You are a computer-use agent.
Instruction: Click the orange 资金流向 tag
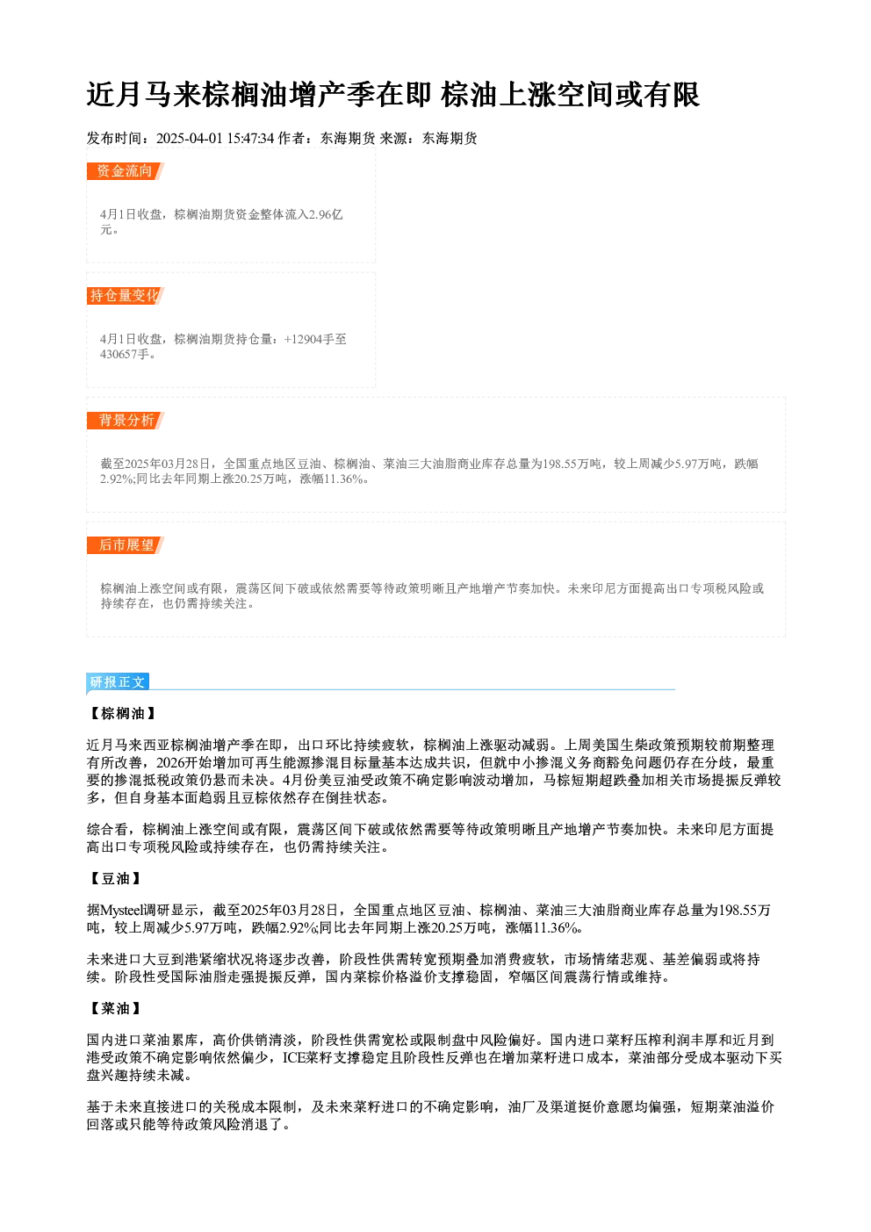point(126,171)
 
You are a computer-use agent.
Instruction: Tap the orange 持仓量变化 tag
point(126,296)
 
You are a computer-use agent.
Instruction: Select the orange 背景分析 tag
point(126,421)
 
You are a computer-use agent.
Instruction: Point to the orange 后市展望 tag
point(126,545)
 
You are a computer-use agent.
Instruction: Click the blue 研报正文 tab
point(118,682)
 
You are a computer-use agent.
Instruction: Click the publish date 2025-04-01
point(190,138)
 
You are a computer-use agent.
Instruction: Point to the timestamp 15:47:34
point(250,138)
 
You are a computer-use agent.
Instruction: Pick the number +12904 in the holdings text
point(303,339)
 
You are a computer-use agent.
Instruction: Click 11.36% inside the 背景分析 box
point(343,479)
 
